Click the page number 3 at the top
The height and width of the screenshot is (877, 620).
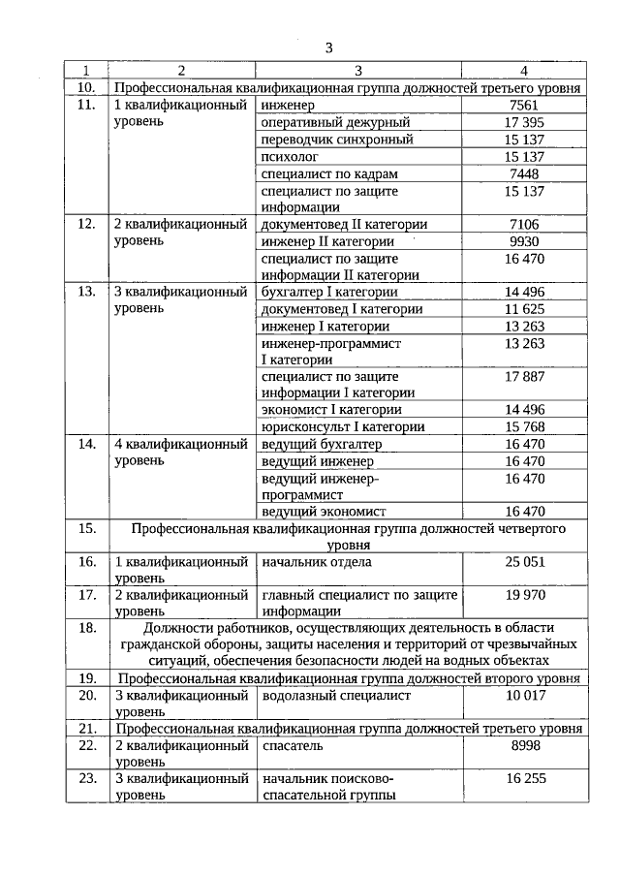point(328,47)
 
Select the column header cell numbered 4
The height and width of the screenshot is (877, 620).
point(524,71)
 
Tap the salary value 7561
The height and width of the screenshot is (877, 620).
point(524,105)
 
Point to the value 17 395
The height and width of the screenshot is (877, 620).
point(524,122)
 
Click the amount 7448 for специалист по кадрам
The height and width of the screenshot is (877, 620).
point(524,173)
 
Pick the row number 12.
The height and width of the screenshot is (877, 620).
point(86,224)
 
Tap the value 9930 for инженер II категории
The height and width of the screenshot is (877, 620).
point(524,241)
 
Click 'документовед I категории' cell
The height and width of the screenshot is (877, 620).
point(342,309)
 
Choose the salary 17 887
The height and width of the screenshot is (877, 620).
point(524,376)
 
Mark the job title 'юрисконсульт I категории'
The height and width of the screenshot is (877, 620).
point(343,426)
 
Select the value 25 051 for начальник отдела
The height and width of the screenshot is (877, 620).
point(524,562)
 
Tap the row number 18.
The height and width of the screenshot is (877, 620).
point(86,628)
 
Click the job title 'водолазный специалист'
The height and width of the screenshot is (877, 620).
point(336,696)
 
